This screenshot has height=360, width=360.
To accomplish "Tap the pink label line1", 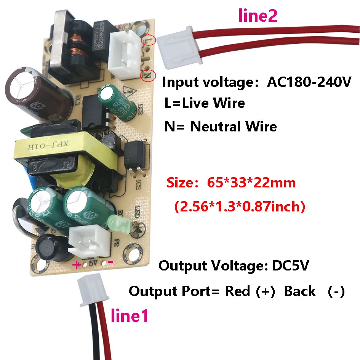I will (x=129, y=315).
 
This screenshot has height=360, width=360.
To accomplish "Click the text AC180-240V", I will (x=308, y=82).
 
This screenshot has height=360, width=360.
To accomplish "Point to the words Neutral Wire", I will (x=234, y=126).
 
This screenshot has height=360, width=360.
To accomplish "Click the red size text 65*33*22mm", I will (x=251, y=183).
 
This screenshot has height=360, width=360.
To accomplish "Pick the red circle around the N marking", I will (x=147, y=75).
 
